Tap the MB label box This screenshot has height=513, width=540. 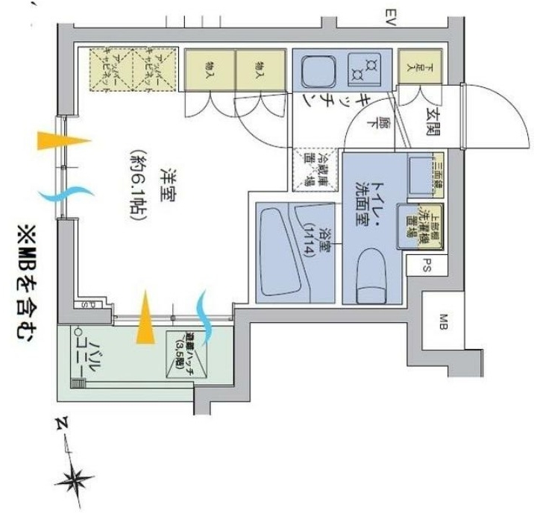(442, 321)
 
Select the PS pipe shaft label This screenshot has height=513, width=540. (427, 264)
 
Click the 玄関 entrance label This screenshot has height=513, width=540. (433, 120)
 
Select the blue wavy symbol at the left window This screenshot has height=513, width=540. (61, 195)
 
